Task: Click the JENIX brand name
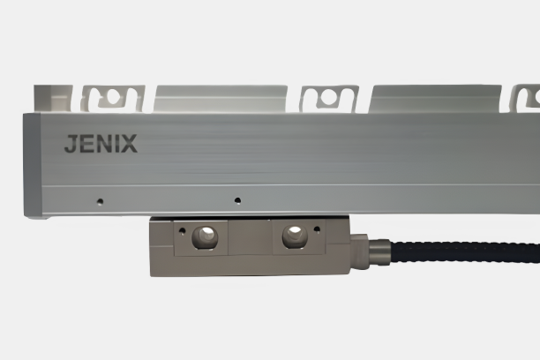[101, 145]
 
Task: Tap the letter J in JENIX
[71, 145]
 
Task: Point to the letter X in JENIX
[130, 145]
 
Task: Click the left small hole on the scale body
[100, 200]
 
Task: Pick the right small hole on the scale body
[236, 200]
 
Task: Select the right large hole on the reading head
[294, 236]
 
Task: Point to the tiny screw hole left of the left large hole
[181, 232]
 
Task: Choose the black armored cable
[459, 251]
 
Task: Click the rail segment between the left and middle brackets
[221, 97]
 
